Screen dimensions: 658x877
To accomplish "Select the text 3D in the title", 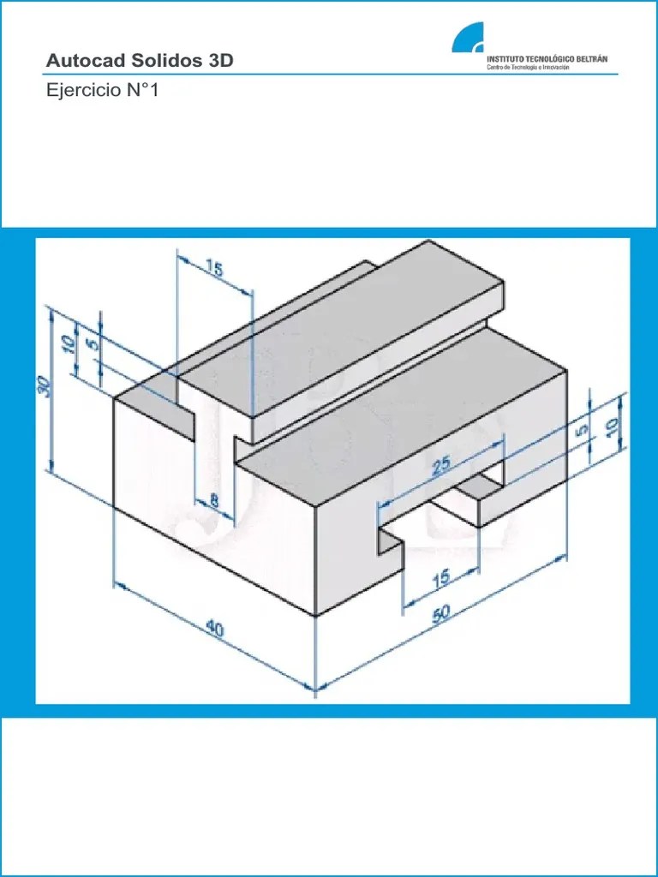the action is click(220, 61).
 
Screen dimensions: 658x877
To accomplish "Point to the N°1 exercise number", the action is click(143, 89).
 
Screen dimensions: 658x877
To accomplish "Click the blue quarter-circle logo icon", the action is click(468, 38).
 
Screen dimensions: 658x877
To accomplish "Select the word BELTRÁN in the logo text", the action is click(593, 59).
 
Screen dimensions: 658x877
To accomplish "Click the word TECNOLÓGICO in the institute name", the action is click(549, 59).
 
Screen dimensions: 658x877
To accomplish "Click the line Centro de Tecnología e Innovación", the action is click(528, 67).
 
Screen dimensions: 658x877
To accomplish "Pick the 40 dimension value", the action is click(214, 629).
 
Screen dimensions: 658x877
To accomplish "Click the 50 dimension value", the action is click(441, 613).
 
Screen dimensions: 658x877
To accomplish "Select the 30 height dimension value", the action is click(45, 386).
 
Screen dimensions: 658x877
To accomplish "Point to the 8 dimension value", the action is click(213, 499).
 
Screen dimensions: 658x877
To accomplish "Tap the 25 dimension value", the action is click(441, 465).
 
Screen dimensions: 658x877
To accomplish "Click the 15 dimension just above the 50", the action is click(441, 577).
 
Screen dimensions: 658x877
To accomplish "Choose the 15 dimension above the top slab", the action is click(213, 269).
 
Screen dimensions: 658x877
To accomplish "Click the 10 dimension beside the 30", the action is click(69, 343).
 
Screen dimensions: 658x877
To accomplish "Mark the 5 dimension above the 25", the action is click(583, 430).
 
